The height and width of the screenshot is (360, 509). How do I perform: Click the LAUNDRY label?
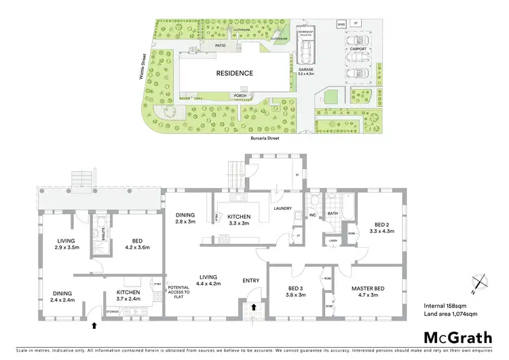coord(282,209)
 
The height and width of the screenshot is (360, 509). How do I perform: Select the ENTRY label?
coord(252,280)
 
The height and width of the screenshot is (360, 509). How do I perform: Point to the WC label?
coord(313,216)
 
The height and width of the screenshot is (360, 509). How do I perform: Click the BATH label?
coord(333,214)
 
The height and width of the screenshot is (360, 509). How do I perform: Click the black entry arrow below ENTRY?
coord(254,307)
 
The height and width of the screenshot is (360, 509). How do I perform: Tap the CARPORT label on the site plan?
coord(358,49)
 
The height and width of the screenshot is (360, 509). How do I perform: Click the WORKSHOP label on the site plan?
coord(306,32)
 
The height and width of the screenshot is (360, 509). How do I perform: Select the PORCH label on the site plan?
coord(240,96)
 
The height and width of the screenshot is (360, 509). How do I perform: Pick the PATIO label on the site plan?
coord(221,46)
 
